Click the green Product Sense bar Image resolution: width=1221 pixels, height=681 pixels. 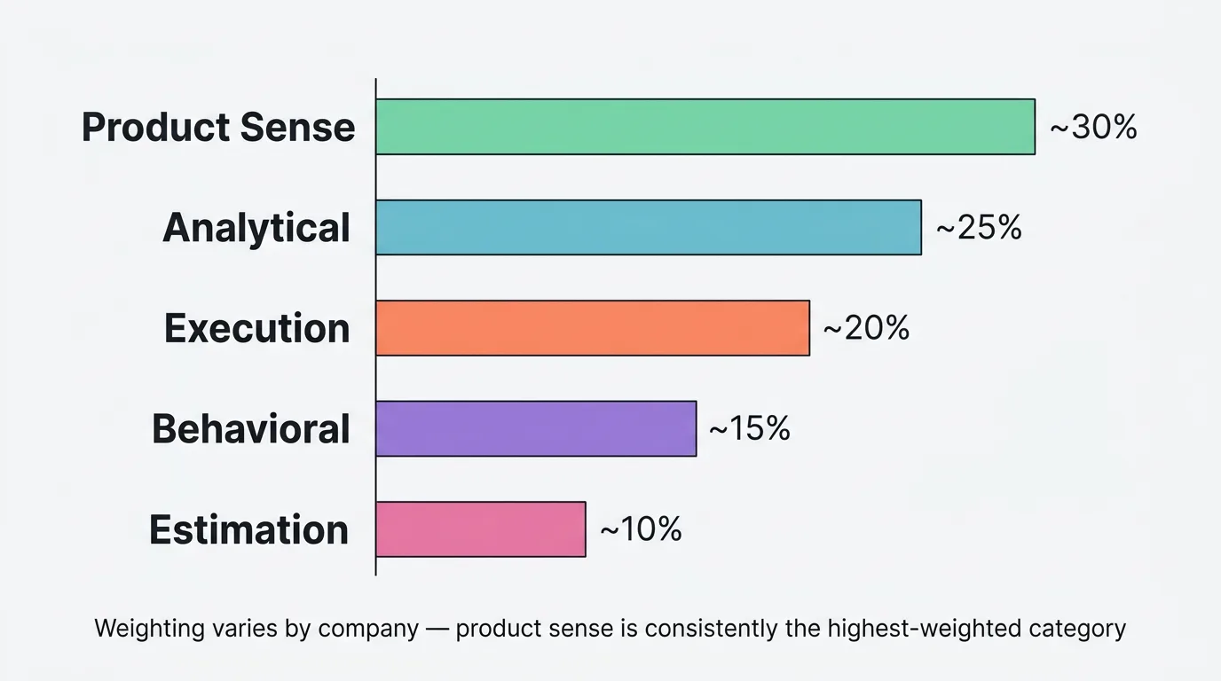coord(705,127)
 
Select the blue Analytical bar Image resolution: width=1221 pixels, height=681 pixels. coord(649,228)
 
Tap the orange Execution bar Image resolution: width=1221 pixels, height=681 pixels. coord(593,328)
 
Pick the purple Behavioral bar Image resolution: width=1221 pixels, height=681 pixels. coord(536,428)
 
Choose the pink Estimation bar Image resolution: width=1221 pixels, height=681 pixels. coord(481,529)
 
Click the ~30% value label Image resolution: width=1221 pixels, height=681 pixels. coord(1093,128)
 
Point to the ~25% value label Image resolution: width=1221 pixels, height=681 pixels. coord(980,228)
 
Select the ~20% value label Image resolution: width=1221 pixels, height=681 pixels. coord(867,329)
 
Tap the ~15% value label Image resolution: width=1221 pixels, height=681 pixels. coord(750,429)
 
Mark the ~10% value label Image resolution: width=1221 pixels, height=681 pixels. coord(641,529)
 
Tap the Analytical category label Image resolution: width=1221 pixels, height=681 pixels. coord(256,228)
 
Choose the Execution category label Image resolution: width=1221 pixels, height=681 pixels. coord(257,329)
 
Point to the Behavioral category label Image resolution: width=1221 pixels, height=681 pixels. coord(251,429)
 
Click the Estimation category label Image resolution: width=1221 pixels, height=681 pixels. coord(249,529)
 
